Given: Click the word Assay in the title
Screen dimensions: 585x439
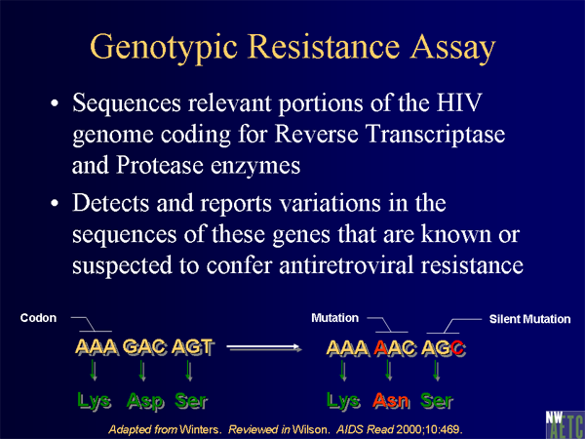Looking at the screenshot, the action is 453,48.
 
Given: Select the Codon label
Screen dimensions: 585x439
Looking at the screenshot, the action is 38,318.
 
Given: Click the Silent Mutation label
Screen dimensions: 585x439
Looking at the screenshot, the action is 529,319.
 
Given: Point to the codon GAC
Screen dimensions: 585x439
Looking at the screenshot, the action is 144,347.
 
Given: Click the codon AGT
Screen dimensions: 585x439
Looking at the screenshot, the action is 193,347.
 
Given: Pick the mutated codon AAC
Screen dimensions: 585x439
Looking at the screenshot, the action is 395,348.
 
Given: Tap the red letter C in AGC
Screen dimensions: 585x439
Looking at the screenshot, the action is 458,348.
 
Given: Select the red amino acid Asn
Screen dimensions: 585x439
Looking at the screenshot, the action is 391,401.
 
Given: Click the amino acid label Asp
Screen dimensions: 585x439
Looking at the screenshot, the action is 144,401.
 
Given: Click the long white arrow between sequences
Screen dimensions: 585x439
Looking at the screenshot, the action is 264,348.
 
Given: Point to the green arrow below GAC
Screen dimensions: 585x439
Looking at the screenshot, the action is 142,370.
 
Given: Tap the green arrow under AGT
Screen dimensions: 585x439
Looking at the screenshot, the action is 189,370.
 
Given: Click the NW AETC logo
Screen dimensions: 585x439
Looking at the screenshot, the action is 565,424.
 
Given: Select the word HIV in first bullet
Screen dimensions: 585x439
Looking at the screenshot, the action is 459,102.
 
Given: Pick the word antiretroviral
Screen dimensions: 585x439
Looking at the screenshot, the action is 346,265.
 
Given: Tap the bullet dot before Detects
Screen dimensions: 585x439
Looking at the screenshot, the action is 55,204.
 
